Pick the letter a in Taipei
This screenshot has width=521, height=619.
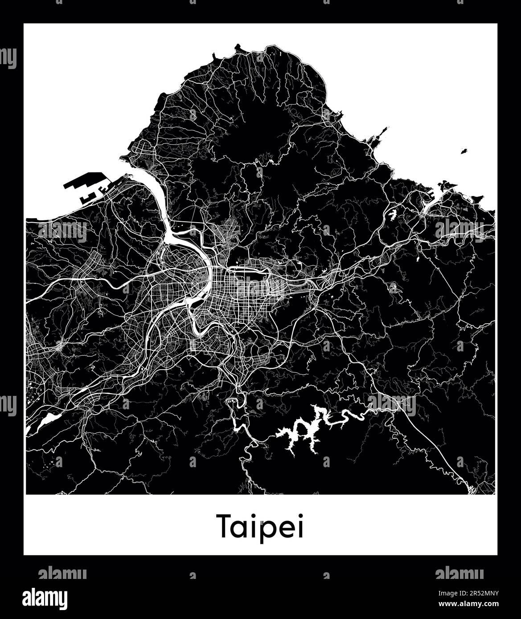[x=243, y=529]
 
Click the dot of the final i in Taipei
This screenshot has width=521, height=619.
[x=300, y=516]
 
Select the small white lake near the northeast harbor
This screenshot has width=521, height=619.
[x=392, y=214]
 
